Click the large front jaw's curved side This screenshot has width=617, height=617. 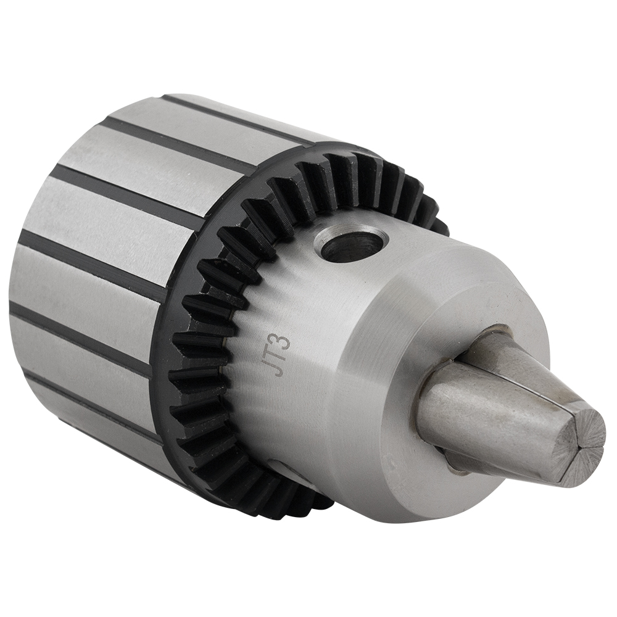487,420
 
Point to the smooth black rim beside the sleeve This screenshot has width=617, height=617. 162,346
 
